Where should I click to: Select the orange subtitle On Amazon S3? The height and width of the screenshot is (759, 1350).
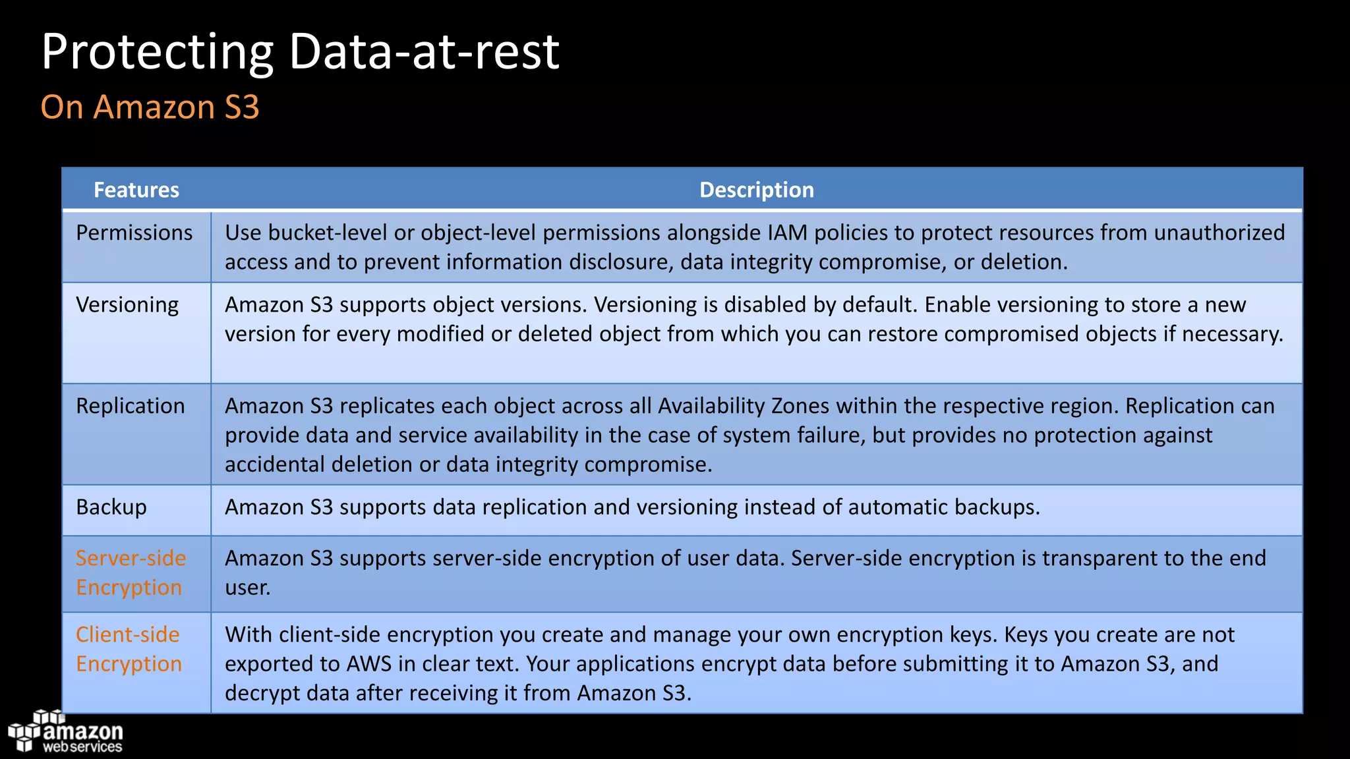click(x=150, y=107)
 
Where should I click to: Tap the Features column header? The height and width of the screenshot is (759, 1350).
click(x=136, y=190)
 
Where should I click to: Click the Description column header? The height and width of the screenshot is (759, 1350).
click(x=756, y=190)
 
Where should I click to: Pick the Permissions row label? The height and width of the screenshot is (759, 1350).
click(x=134, y=233)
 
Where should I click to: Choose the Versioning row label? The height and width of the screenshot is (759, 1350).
click(x=127, y=304)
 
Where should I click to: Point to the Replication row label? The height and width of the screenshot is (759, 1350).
click(x=130, y=406)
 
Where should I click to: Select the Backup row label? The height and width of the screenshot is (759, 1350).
click(x=111, y=507)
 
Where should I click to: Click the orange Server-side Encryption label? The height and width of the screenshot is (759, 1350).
click(x=131, y=573)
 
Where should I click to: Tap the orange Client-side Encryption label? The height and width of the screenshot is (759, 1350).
click(x=129, y=649)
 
